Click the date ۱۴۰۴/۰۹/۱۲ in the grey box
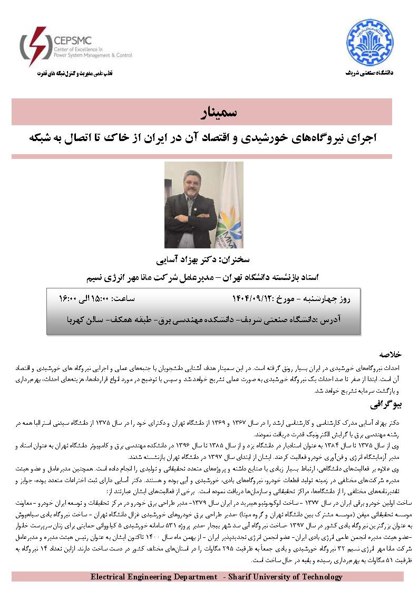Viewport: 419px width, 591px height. (253, 298)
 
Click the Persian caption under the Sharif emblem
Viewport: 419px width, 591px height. (369, 72)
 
